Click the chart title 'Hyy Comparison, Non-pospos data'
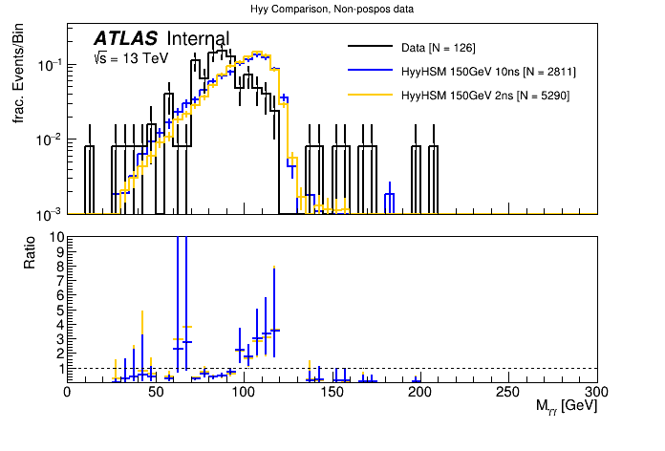tap(332, 10)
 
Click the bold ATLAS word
tap(126, 39)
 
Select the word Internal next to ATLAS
tap(198, 39)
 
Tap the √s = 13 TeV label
tap(130, 58)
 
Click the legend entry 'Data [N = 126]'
tap(439, 48)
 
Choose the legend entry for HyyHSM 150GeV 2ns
tap(485, 96)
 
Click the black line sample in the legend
tap(370, 48)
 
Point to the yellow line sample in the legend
tap(370, 96)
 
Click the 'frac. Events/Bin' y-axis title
tap(19, 74)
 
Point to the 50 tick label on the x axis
tap(155, 392)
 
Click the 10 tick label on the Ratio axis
tap(54, 237)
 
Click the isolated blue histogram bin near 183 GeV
tap(389, 202)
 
